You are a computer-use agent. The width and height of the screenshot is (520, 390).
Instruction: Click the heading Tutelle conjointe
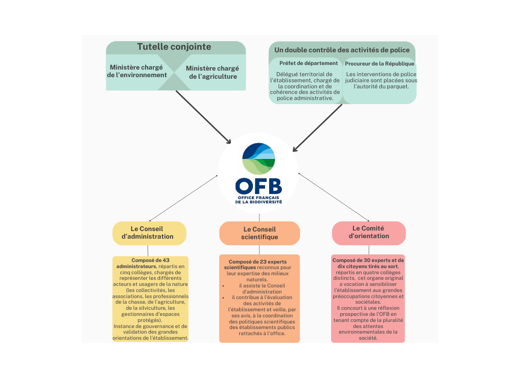point(174,47)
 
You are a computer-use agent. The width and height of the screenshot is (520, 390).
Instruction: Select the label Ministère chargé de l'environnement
point(138,71)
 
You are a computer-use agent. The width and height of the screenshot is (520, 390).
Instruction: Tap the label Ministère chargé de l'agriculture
point(212,72)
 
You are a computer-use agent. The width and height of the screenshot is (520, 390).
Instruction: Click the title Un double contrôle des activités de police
point(342,50)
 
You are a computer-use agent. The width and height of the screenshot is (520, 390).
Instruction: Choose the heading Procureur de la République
point(379,64)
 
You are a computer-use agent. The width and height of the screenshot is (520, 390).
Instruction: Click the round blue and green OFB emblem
point(258,159)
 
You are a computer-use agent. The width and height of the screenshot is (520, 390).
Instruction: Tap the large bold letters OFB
point(258,185)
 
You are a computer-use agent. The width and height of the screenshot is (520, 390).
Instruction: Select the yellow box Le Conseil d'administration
point(149,233)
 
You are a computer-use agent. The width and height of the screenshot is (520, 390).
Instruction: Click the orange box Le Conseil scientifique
point(259,234)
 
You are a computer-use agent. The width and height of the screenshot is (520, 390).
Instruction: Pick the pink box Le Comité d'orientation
point(369,233)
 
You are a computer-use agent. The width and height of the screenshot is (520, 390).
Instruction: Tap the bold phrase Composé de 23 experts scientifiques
point(254,264)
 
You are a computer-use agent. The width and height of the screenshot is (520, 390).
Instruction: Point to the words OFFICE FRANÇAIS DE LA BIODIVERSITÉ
point(258,199)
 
